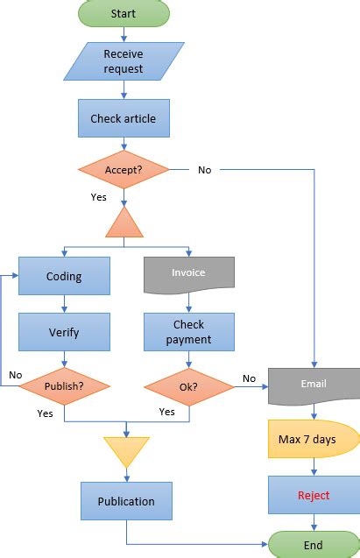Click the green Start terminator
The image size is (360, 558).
pos(124,13)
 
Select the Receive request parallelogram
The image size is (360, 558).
pos(124,61)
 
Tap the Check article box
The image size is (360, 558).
pos(124,118)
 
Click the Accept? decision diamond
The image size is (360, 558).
pos(124,170)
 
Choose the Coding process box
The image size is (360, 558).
pos(64,276)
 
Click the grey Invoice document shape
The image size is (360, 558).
pos(188,273)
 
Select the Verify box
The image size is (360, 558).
pos(64,332)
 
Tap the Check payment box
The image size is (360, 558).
pos(188,332)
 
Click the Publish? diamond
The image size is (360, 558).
pos(64,385)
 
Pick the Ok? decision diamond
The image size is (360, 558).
pos(188,385)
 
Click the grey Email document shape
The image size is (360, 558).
pos(313,384)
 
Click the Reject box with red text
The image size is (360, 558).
pos(313,495)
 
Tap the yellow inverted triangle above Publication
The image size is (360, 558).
pos(127,449)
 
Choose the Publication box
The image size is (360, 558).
pos(126,501)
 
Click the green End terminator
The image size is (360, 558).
pos(313,545)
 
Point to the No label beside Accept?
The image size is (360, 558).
pos(204,170)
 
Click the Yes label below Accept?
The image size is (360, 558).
pos(98,197)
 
